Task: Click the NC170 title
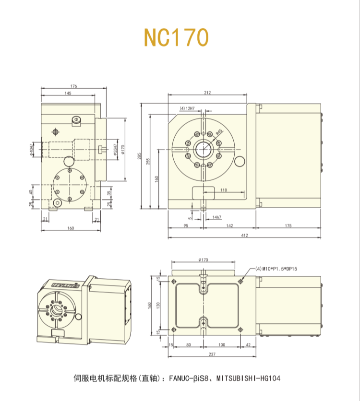tap(176, 37)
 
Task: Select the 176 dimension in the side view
tap(73, 86)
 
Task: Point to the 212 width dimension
tap(207, 93)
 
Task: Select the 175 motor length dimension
tap(288, 225)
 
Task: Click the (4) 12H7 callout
tap(187, 109)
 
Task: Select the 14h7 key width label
tap(217, 217)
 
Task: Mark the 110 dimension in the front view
tap(223, 190)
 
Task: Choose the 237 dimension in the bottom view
tap(212, 354)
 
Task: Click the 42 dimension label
tap(248, 344)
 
